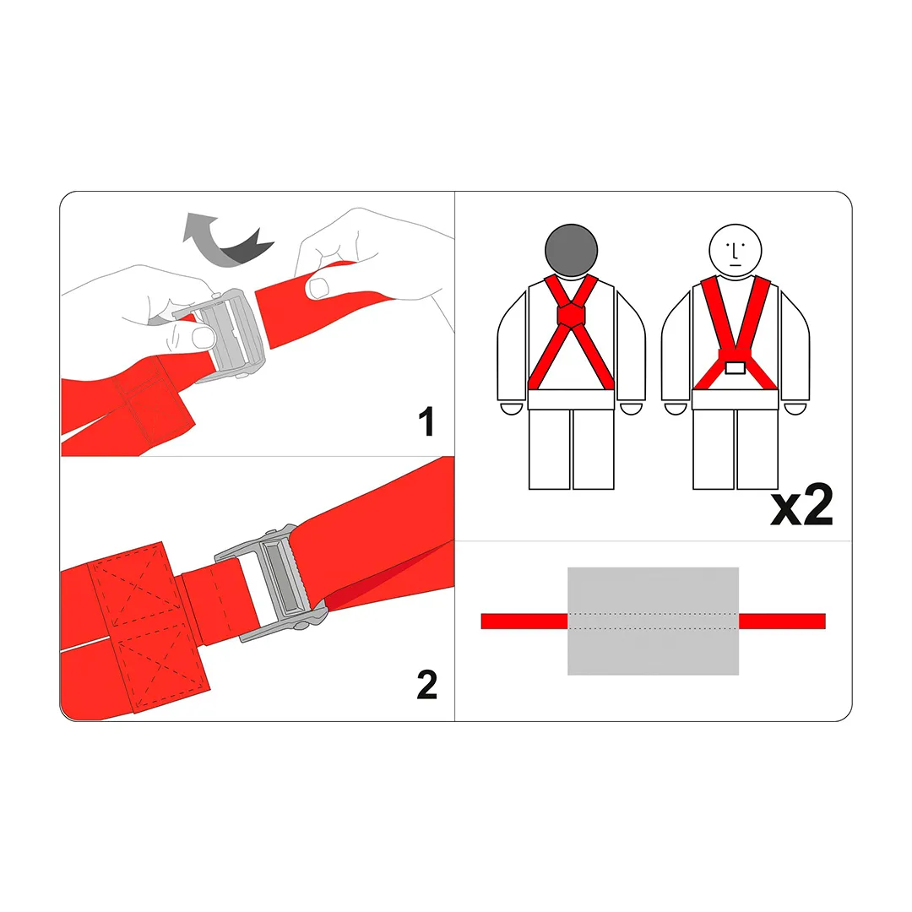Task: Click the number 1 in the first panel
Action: point(427,421)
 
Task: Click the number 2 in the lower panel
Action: point(427,684)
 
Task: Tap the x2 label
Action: point(802,505)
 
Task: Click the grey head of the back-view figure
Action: point(571,250)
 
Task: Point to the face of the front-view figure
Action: point(736,251)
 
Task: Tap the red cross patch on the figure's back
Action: point(571,315)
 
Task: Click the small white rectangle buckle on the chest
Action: point(736,367)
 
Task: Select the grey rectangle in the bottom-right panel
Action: point(653,621)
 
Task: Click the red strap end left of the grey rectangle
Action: point(524,622)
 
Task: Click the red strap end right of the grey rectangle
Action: point(782,622)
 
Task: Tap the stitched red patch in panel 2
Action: point(149,628)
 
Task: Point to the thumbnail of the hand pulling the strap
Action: point(318,287)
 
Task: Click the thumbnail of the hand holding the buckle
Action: point(204,337)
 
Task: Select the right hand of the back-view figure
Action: point(632,409)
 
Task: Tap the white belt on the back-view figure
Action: point(571,399)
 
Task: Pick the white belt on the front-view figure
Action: point(736,399)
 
